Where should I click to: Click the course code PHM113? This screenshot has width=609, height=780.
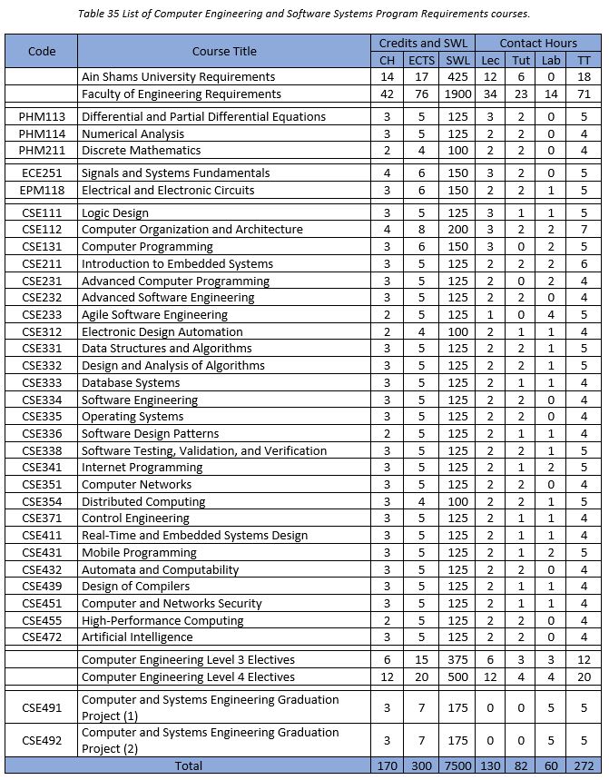tap(42, 116)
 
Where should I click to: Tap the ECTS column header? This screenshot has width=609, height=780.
tap(421, 60)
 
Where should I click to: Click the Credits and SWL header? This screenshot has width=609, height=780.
tap(421, 43)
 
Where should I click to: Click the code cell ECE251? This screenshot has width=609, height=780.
tap(42, 173)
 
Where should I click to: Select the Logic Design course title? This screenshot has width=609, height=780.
tap(114, 212)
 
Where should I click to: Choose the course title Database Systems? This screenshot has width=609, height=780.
tap(131, 382)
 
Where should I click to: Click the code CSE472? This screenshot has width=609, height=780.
tap(42, 637)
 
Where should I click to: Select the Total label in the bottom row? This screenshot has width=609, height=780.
tap(188, 765)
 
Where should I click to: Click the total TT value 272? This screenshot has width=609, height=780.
tap(584, 765)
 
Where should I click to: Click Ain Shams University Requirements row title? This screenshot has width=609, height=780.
tap(178, 77)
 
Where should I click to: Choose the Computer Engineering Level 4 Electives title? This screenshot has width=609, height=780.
tap(188, 676)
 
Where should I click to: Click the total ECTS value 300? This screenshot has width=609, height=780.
tap(421, 765)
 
